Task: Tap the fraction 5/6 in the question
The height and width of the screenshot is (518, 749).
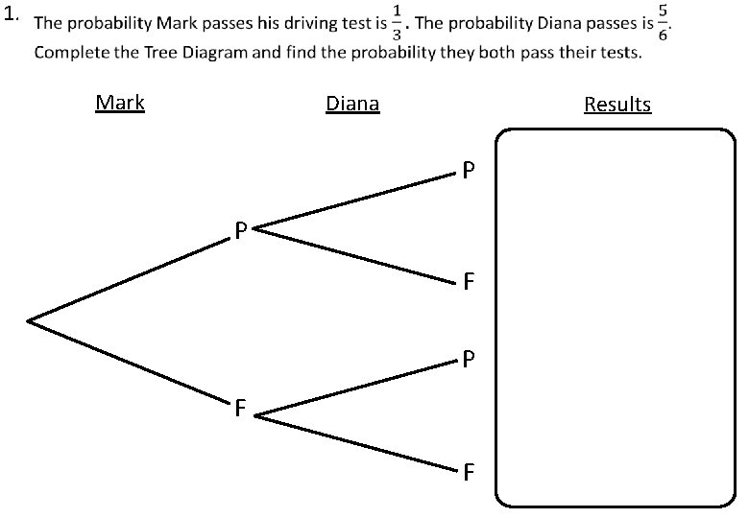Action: tap(664, 25)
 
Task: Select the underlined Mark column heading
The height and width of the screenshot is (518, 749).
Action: tap(120, 102)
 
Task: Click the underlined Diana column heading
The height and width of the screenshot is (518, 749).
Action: tap(352, 104)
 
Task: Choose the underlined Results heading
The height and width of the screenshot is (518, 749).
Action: tap(617, 104)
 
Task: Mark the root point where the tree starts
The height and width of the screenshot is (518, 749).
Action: tap(29, 320)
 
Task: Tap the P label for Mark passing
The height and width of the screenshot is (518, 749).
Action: tap(241, 231)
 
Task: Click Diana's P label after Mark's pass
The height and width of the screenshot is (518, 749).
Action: tap(467, 172)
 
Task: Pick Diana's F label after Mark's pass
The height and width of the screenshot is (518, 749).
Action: tap(468, 283)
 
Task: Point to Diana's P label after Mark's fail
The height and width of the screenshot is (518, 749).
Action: tap(467, 361)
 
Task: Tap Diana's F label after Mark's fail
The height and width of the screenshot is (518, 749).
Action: tap(468, 472)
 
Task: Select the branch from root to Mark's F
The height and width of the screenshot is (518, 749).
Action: tap(130, 363)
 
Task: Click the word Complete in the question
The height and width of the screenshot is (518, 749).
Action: tap(68, 52)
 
